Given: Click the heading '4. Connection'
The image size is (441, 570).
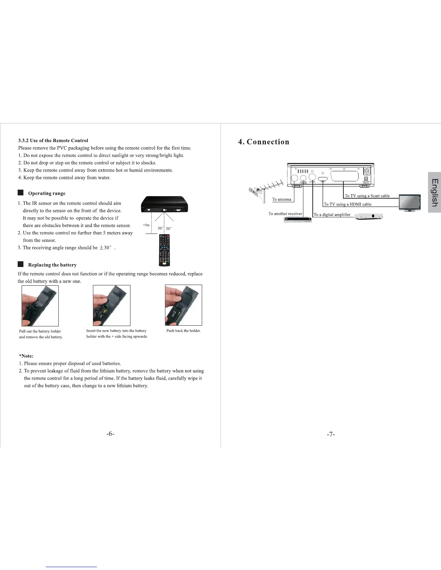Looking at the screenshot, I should tap(264, 142).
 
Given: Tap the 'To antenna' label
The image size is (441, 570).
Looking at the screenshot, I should tap(281, 199).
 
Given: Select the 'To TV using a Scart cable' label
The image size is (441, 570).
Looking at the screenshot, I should tap(367, 196).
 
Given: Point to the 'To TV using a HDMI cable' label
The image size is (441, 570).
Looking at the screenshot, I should tap(347, 204).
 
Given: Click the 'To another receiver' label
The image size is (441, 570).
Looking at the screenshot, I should tap(285, 213).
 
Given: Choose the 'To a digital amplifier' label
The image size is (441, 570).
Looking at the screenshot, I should tap(332, 214).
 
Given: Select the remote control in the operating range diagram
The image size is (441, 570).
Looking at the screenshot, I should tap(164, 250).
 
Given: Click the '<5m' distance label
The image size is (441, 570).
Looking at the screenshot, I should tap(146, 225).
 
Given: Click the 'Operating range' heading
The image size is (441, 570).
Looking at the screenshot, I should tap(47, 193).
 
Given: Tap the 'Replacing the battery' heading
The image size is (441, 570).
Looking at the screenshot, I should tap(52, 265).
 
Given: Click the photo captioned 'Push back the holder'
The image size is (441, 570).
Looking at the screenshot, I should tap(183, 305).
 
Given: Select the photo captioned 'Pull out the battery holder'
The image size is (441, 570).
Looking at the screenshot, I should tap(40, 306).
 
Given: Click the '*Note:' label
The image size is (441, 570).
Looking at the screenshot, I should tap(26, 356).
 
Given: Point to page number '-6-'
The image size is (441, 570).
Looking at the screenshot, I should tap(110, 434).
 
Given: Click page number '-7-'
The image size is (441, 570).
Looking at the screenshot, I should tap(331, 434).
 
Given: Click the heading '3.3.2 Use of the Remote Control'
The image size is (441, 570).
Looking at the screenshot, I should tap(53, 140).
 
